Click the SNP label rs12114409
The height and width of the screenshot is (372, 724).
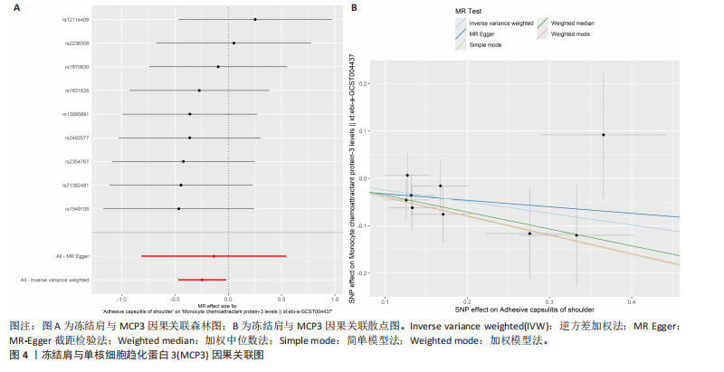76,19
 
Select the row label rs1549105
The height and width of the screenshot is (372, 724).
76,209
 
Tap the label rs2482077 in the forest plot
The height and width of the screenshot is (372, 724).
76,138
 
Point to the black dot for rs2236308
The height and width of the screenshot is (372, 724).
233,43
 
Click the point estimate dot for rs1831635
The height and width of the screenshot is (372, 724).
199,91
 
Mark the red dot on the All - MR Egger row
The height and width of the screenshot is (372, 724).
214,256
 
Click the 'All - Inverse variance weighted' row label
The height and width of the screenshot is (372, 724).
54,281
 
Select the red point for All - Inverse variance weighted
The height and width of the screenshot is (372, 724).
202,280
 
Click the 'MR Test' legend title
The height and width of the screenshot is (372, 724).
466,11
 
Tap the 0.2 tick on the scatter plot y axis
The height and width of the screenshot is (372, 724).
364,83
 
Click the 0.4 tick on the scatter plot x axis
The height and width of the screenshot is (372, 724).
631,300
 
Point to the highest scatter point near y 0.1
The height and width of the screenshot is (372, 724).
603,135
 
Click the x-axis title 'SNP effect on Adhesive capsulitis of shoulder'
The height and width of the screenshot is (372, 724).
525,310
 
